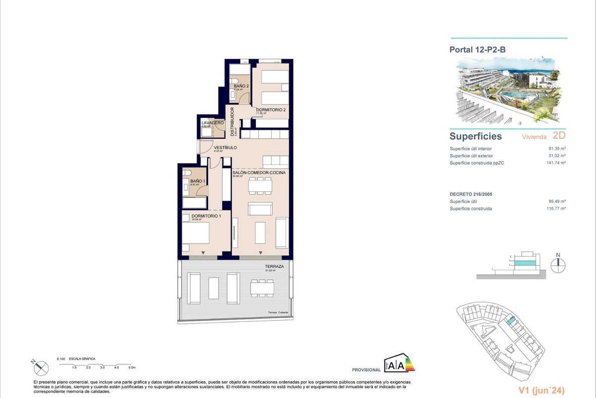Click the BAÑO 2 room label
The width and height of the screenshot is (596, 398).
241,86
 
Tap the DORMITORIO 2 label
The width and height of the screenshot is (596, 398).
271,109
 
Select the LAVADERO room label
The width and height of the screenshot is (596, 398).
212,123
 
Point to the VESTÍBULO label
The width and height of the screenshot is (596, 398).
225,148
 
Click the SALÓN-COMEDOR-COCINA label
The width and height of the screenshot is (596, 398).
259,173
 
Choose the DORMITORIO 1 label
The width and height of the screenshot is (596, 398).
206,215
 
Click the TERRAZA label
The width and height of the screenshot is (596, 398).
274,267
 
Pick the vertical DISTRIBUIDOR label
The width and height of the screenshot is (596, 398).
232,121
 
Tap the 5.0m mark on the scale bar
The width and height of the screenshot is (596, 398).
132,368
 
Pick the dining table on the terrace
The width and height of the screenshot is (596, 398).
262,288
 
